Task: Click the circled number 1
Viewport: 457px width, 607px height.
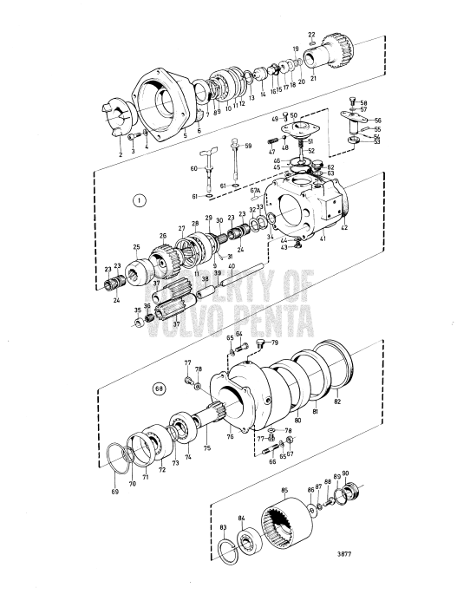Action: (x=137, y=200)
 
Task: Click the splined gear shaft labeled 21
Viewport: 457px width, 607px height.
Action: (x=329, y=51)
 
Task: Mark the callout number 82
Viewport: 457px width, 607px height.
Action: (x=338, y=404)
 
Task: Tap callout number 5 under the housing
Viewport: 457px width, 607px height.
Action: (x=184, y=136)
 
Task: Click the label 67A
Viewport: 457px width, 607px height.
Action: (x=255, y=191)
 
